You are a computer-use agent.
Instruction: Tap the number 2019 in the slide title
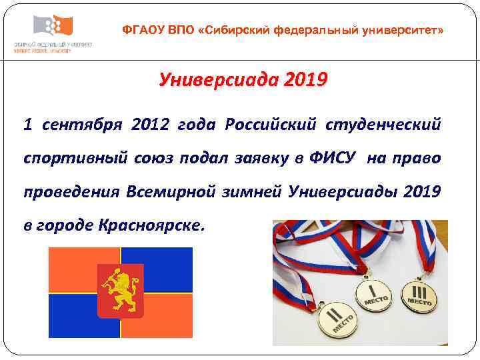[305, 81]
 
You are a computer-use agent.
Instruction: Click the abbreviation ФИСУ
[340, 158]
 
